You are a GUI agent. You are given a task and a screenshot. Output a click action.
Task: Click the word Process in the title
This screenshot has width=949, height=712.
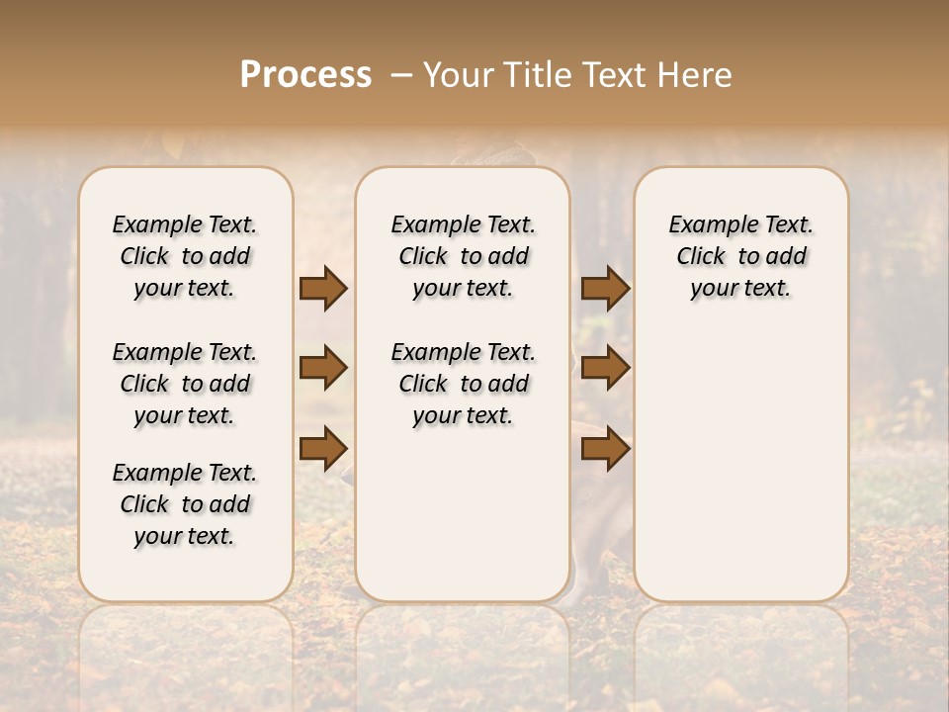click(305, 74)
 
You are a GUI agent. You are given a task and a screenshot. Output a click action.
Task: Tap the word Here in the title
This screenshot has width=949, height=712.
click(697, 75)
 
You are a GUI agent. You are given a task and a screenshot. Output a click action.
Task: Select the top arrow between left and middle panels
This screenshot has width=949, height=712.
click(323, 288)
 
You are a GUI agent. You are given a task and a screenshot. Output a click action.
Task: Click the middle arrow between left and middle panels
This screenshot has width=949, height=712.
click(323, 368)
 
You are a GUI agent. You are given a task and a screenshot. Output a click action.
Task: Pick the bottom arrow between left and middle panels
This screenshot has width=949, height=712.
click(323, 447)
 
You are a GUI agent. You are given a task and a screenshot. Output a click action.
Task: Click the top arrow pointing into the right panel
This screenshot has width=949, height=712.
click(605, 288)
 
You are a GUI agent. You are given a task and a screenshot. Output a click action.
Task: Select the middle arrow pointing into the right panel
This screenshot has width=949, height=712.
click(605, 368)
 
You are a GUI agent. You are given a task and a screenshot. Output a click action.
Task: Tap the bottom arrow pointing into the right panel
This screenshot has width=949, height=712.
click(605, 447)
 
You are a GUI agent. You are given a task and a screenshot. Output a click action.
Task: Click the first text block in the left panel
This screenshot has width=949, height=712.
click(185, 256)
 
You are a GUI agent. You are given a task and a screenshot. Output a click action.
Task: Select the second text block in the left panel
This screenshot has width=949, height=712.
click(185, 384)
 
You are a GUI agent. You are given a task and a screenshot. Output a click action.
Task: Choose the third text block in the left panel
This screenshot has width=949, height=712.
click(185, 504)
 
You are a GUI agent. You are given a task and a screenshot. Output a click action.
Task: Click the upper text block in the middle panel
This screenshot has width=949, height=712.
click(463, 256)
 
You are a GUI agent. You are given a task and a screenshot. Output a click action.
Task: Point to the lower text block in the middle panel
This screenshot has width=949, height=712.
click(463, 384)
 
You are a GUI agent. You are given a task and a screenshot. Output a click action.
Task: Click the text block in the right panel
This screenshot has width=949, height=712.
click(740, 256)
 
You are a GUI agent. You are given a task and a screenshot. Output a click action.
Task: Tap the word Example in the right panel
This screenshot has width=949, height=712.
click(707, 225)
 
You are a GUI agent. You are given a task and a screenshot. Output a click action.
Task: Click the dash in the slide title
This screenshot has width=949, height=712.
click(400, 75)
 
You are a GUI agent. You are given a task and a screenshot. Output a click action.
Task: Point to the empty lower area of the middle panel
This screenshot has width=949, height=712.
click(463, 514)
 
